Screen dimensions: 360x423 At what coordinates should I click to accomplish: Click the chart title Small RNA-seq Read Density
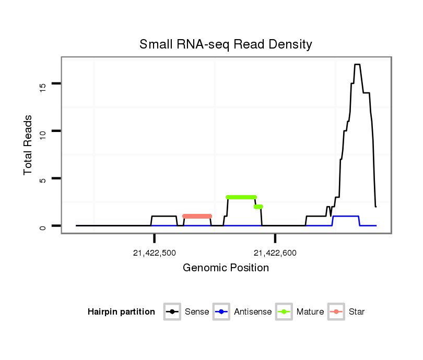(226, 45)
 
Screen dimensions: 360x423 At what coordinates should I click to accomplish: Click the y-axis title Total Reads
(28, 145)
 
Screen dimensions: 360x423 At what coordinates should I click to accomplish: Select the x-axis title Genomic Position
(226, 268)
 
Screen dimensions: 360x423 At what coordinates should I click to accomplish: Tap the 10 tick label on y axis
(43, 131)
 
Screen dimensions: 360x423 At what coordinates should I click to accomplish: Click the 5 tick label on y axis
(43, 178)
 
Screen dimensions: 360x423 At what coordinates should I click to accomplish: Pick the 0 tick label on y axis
(43, 226)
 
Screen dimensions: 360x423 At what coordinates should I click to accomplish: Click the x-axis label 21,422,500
(155, 254)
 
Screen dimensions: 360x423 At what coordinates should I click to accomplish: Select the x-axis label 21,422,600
(275, 254)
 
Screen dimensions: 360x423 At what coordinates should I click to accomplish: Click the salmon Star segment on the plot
(197, 216)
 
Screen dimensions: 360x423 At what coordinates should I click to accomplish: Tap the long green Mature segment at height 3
(241, 197)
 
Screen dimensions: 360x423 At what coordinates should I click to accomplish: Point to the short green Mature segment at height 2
(258, 207)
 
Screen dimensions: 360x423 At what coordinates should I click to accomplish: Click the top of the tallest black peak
(357, 65)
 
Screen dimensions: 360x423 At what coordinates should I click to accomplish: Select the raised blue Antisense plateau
(346, 216)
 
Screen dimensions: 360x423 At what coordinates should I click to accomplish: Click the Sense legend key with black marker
(172, 312)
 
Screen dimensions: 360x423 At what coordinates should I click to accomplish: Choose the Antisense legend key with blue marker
(222, 312)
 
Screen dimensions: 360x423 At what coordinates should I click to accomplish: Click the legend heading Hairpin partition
(121, 312)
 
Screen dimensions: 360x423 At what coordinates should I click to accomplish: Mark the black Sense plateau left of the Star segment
(163, 216)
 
